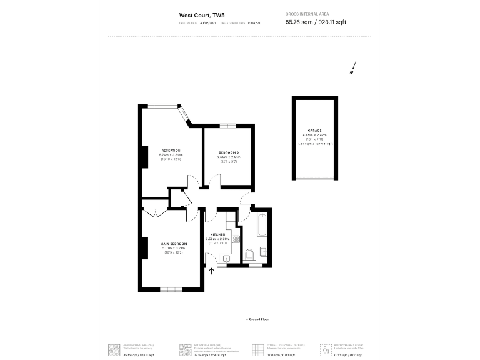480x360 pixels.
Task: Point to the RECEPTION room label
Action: point(171,151)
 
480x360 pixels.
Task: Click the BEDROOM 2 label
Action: point(229,153)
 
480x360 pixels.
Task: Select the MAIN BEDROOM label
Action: point(174,244)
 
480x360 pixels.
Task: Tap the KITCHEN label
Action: point(217,234)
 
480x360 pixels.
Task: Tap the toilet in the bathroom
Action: point(249,254)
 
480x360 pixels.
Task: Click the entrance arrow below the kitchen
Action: point(210,271)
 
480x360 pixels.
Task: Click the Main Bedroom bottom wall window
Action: point(170,289)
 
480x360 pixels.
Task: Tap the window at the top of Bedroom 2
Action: point(228,126)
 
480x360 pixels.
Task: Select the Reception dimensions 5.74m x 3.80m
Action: point(171,155)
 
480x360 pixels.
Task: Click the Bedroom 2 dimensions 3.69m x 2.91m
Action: point(229,157)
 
